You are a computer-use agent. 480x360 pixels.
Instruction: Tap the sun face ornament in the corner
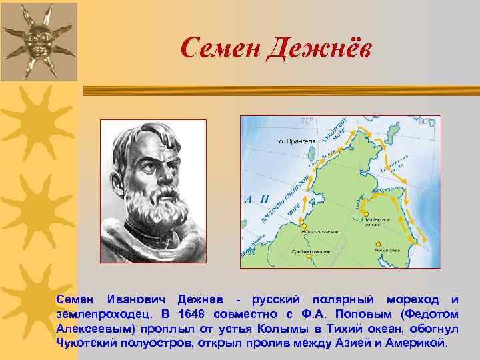38,39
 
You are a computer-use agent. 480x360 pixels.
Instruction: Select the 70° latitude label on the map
306,122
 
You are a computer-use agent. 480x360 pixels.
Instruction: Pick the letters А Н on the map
255,199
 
